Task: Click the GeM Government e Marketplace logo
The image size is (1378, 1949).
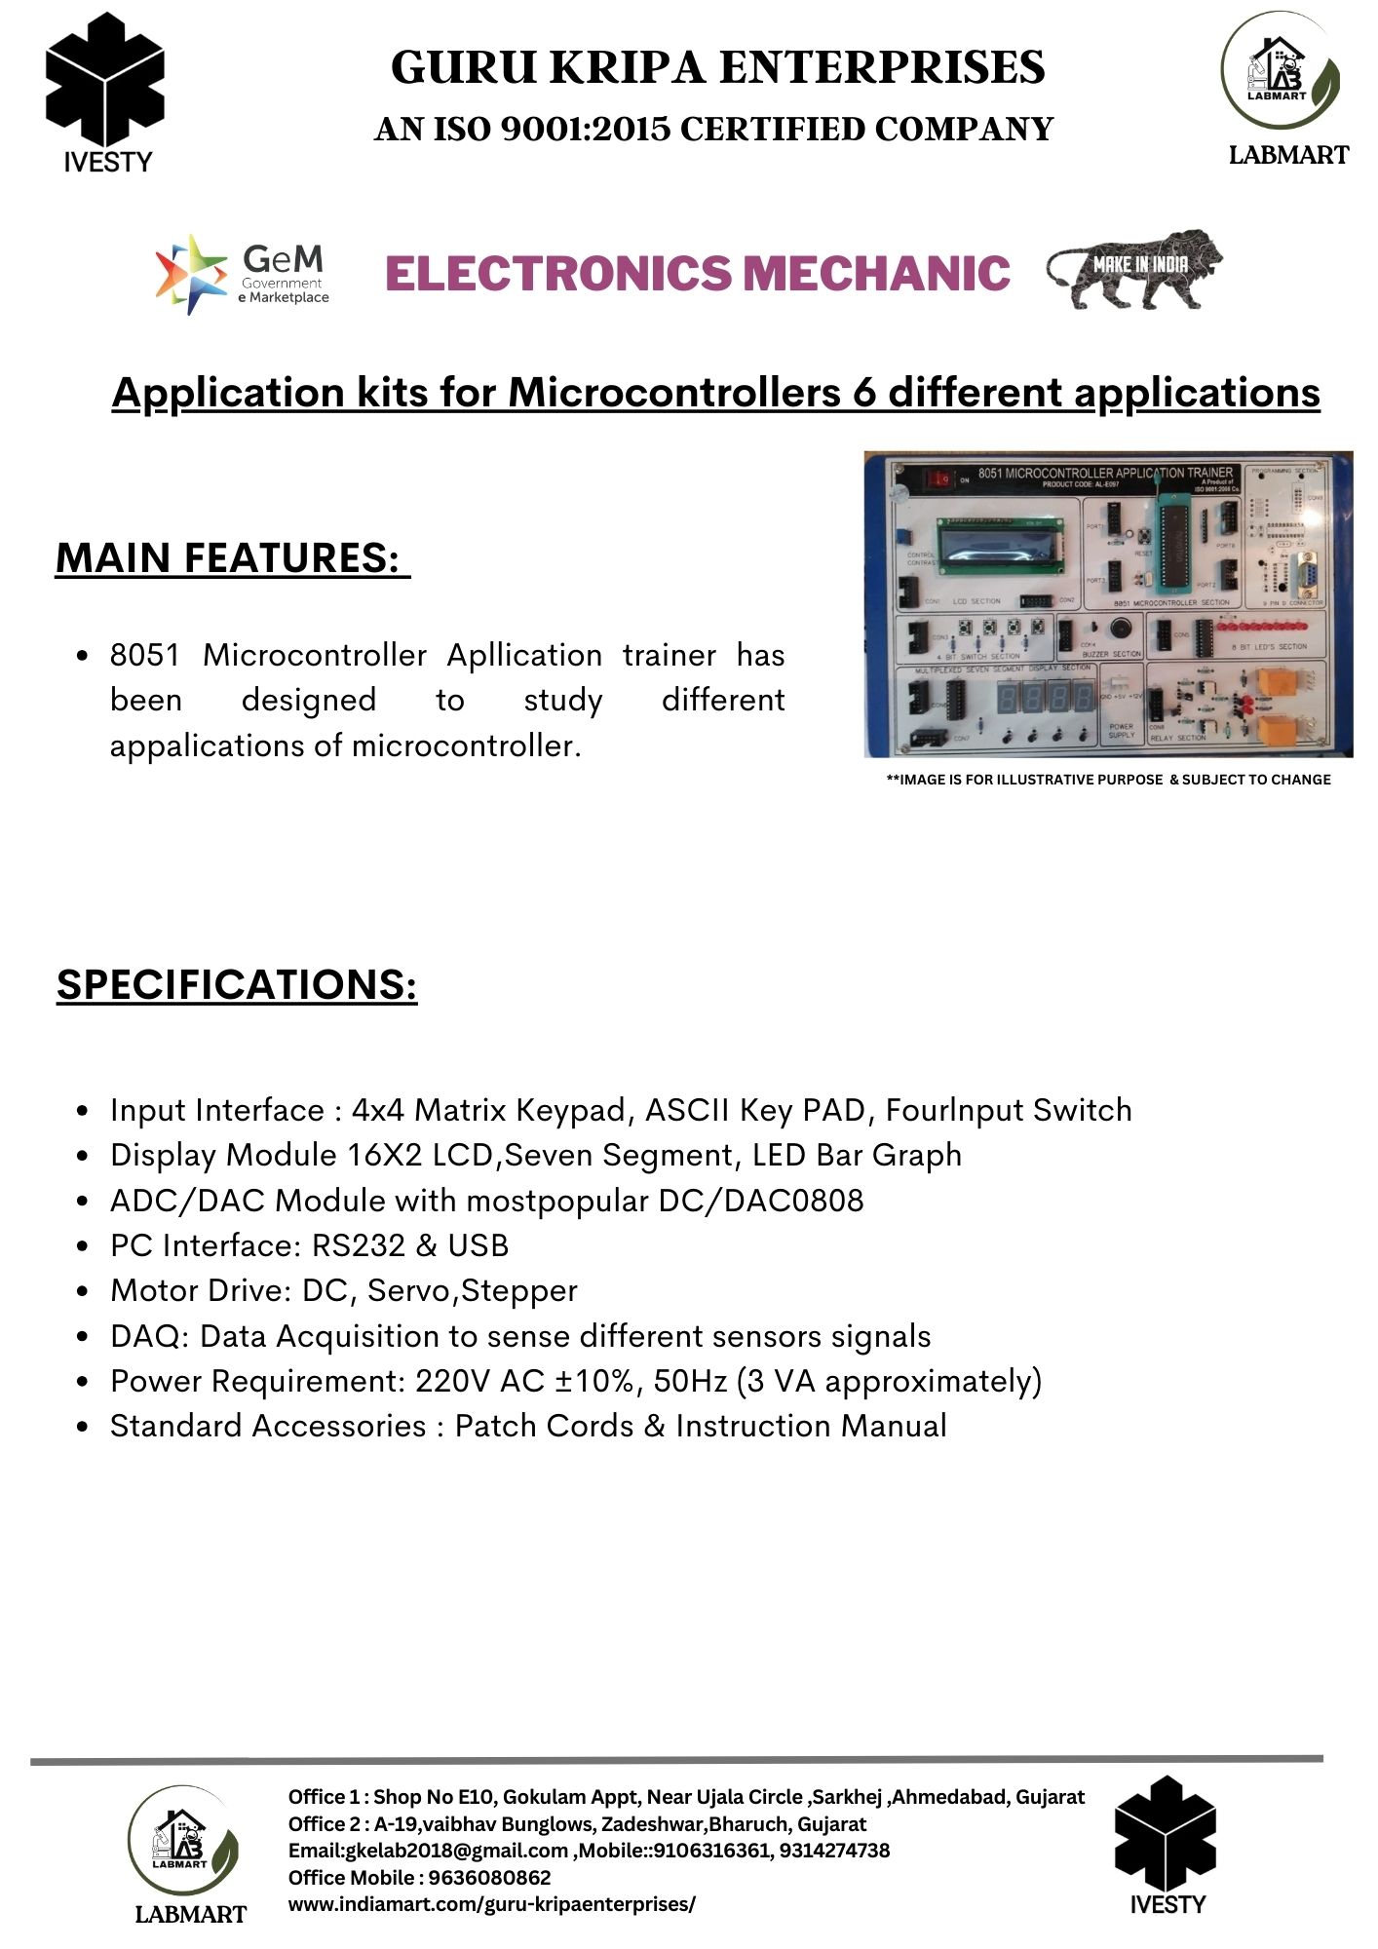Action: (x=242, y=274)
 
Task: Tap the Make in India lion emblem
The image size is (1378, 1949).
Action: (x=1134, y=269)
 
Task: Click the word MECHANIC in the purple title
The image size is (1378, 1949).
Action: (x=876, y=273)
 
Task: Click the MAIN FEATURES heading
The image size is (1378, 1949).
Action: (x=232, y=558)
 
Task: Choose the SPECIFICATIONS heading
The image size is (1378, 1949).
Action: (x=237, y=984)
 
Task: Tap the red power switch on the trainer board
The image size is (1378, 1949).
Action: (x=939, y=479)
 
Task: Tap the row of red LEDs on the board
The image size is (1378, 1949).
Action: (x=1266, y=625)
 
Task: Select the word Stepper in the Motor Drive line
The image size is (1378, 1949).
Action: (x=519, y=1290)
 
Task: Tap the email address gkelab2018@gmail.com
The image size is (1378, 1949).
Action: (x=456, y=1851)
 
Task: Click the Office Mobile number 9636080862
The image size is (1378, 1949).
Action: (x=490, y=1877)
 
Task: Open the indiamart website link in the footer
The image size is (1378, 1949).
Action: (x=492, y=1904)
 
